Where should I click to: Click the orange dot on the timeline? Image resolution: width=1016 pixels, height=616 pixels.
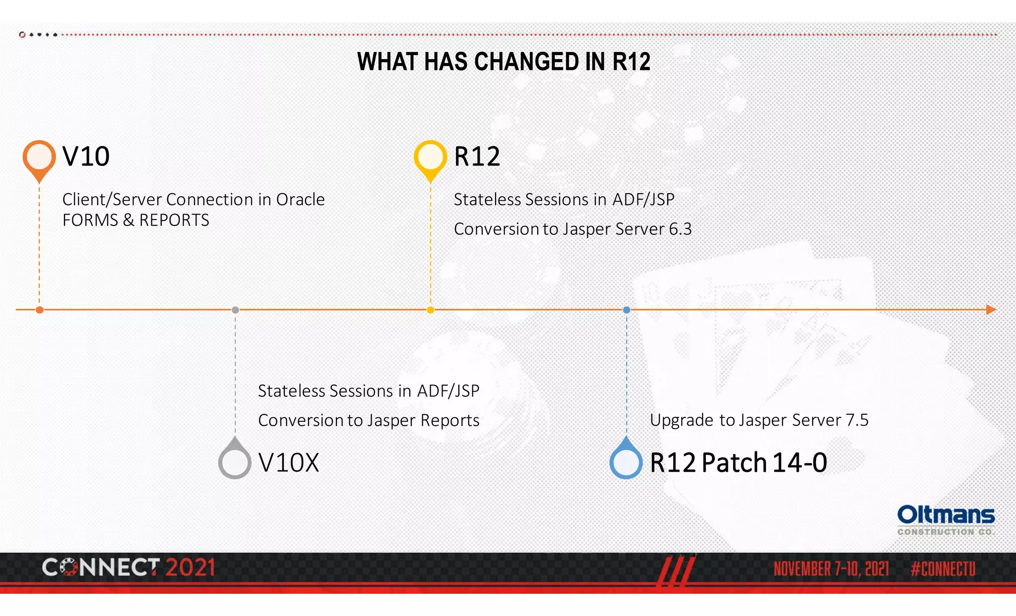point(40,310)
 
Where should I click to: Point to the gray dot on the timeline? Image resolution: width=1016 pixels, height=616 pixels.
point(235,310)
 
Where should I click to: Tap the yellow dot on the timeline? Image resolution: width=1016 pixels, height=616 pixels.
point(431,310)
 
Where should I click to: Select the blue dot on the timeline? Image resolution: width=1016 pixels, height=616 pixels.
point(627,310)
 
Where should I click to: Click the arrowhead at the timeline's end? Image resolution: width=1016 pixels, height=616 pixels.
point(991,310)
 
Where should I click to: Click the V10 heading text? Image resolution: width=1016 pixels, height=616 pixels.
point(86,157)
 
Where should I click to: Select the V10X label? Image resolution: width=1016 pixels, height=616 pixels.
point(289,463)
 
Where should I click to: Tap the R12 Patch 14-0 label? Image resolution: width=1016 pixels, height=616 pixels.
point(738,463)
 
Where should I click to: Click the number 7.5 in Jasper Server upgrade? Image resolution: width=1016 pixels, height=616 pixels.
point(857,420)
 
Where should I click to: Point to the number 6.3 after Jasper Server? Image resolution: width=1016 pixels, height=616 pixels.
point(680,229)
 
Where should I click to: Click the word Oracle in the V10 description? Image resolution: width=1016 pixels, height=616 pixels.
point(300,199)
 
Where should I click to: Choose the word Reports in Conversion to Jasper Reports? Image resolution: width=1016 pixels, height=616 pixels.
point(449,420)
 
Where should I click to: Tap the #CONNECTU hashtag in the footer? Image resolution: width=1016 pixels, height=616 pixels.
point(943,569)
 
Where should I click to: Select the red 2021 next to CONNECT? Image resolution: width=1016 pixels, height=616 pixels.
point(190,567)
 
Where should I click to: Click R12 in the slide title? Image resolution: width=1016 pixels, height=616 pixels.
point(631,62)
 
